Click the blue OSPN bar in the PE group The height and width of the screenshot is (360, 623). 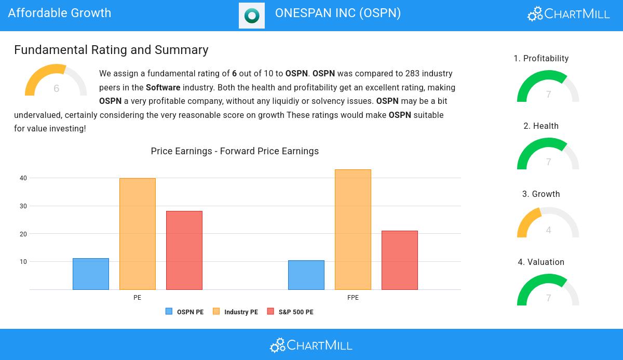(x=91, y=274)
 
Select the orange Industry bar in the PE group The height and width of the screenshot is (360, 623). (x=138, y=234)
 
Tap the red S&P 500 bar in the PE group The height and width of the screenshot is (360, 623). (x=184, y=250)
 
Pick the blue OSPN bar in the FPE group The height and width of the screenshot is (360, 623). (x=306, y=275)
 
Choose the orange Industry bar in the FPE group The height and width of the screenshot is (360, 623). (x=353, y=230)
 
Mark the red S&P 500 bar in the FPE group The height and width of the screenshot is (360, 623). (x=400, y=260)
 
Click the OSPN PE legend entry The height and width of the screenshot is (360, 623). (x=185, y=312)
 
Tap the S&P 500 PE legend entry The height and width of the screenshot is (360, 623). (x=290, y=312)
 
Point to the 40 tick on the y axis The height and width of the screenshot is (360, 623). (x=23, y=178)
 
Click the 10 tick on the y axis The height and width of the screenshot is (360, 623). (x=23, y=262)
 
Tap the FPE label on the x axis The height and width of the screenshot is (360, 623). (x=353, y=298)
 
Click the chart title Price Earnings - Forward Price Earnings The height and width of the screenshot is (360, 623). (x=235, y=151)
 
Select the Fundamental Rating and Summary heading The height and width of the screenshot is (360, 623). (x=111, y=50)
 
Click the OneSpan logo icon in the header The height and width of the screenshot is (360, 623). (x=252, y=16)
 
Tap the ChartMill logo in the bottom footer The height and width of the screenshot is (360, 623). (x=311, y=345)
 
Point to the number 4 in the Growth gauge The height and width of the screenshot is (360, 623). (x=548, y=230)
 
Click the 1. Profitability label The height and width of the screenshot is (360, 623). (x=541, y=59)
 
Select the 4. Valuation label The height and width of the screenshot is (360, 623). (x=541, y=262)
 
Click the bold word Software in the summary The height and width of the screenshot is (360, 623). (x=163, y=88)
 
